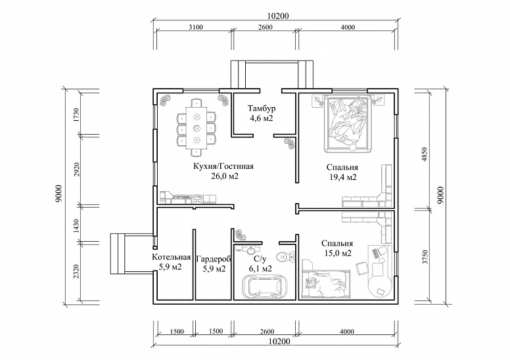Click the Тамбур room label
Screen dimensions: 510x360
pyautogui.click(x=262, y=108)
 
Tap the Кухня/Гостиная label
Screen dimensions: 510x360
pyautogui.click(x=223, y=166)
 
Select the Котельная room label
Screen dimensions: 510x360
pyautogui.click(x=172, y=258)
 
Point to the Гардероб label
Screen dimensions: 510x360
pyautogui.click(x=214, y=259)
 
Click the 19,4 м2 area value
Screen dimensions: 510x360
pyautogui.click(x=342, y=177)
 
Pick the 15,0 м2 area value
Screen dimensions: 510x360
pyautogui.click(x=337, y=254)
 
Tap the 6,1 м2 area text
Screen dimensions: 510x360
pyautogui.click(x=260, y=269)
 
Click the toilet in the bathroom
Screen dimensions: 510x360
pyautogui.click(x=285, y=257)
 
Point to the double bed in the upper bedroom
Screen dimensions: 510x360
pyautogui.click(x=348, y=123)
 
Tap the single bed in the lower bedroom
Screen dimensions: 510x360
pyautogui.click(x=327, y=283)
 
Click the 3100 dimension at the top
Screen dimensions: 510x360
pyautogui.click(x=196, y=28)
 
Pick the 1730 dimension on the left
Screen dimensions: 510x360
pyautogui.click(x=76, y=115)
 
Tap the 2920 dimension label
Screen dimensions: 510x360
pyautogui.click(x=77, y=169)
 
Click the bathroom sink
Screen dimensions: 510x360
pyautogui.click(x=251, y=250)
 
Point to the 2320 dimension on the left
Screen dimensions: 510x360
pyautogui.click(x=76, y=271)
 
